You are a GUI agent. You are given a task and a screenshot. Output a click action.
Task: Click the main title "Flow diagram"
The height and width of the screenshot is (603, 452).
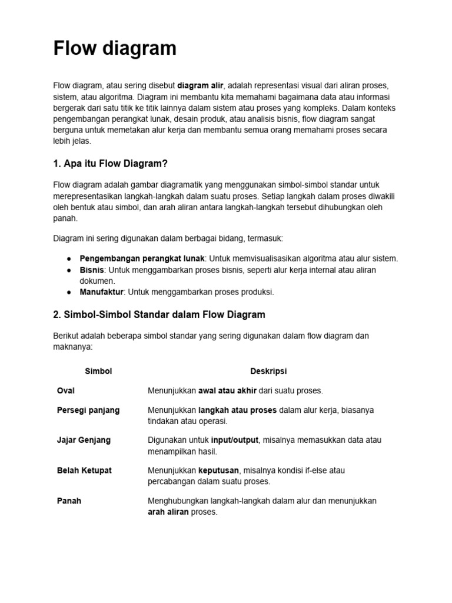[115, 48]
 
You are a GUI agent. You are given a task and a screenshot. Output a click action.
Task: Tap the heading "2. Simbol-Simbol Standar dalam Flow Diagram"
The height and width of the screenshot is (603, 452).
[159, 314]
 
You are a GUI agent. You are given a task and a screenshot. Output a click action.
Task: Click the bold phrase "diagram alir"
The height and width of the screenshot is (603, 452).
[201, 85]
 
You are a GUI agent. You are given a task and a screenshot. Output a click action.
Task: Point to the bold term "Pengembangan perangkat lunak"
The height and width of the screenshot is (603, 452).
[142, 259]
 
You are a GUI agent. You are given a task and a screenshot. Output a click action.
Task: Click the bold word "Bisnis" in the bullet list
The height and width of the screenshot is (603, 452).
[92, 270]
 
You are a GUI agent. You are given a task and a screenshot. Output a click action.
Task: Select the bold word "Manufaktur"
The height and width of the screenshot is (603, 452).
[102, 291]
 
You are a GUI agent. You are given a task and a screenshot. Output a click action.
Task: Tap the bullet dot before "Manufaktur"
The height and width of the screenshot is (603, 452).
[69, 292]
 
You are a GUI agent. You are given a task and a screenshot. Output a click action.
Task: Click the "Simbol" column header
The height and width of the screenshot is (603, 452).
[98, 372]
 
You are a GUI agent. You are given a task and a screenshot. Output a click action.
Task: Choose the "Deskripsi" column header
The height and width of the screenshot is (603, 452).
[268, 372]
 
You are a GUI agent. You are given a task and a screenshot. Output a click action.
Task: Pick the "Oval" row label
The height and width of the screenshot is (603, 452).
[66, 390]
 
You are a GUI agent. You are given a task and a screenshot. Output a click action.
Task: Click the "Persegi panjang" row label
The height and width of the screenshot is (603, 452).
[88, 410]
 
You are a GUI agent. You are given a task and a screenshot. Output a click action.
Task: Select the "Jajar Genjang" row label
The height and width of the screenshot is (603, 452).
[84, 440]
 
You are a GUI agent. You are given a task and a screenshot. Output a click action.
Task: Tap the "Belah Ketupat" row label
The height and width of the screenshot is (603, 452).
[84, 471]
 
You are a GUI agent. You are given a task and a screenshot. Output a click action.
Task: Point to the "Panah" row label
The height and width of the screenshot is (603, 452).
[69, 501]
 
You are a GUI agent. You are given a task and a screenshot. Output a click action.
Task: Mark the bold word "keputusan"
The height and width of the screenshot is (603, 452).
[220, 471]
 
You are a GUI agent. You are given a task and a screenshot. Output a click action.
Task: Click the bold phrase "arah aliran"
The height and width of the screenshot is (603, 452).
[168, 512]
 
